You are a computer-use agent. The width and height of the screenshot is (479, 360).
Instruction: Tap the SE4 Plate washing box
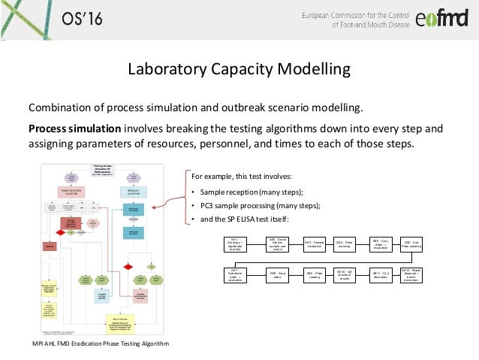tap(345, 244)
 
